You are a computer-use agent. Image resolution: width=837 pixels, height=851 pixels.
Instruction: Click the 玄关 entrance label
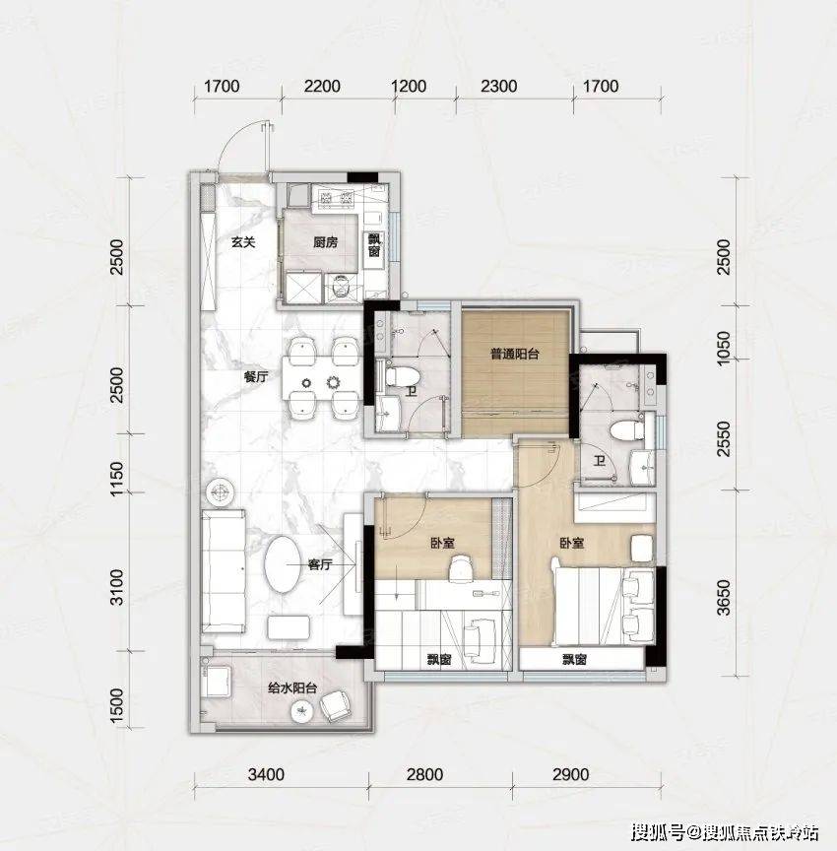pyautogui.click(x=243, y=242)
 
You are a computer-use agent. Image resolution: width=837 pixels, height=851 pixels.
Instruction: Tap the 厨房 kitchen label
pyautogui.click(x=325, y=242)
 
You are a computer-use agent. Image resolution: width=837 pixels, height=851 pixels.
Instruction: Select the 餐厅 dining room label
pyautogui.click(x=256, y=376)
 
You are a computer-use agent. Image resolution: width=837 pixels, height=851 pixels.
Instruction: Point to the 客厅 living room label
pyautogui.click(x=319, y=565)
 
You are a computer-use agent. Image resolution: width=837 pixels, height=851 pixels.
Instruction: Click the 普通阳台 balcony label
pyautogui.click(x=515, y=355)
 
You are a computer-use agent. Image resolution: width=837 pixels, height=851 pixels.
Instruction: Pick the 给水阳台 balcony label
pyautogui.click(x=292, y=688)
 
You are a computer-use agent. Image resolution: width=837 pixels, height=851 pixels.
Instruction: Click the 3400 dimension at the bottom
pyautogui.click(x=266, y=774)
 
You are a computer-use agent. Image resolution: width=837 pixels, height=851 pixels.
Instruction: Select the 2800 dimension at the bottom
pyautogui.click(x=424, y=774)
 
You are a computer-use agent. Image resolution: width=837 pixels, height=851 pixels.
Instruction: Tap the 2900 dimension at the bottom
pyautogui.click(x=571, y=774)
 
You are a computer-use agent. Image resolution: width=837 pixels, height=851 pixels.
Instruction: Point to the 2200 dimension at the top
pyautogui.click(x=322, y=87)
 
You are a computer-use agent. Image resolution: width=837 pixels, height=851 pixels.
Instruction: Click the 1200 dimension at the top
pyautogui.click(x=408, y=87)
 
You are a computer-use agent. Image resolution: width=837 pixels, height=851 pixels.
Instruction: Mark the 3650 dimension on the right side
pyautogui.click(x=724, y=598)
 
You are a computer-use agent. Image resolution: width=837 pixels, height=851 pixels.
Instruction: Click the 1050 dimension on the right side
pyautogui.click(x=724, y=349)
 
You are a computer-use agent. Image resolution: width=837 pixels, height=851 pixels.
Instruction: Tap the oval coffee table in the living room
pyautogui.click(x=282, y=564)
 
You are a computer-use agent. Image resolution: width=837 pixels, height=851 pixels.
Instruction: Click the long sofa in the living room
pyautogui.click(x=223, y=571)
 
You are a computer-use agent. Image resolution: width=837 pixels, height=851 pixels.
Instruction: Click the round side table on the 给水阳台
pyautogui.click(x=302, y=711)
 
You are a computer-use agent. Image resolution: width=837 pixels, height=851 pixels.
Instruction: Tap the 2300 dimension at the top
pyautogui.click(x=498, y=87)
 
